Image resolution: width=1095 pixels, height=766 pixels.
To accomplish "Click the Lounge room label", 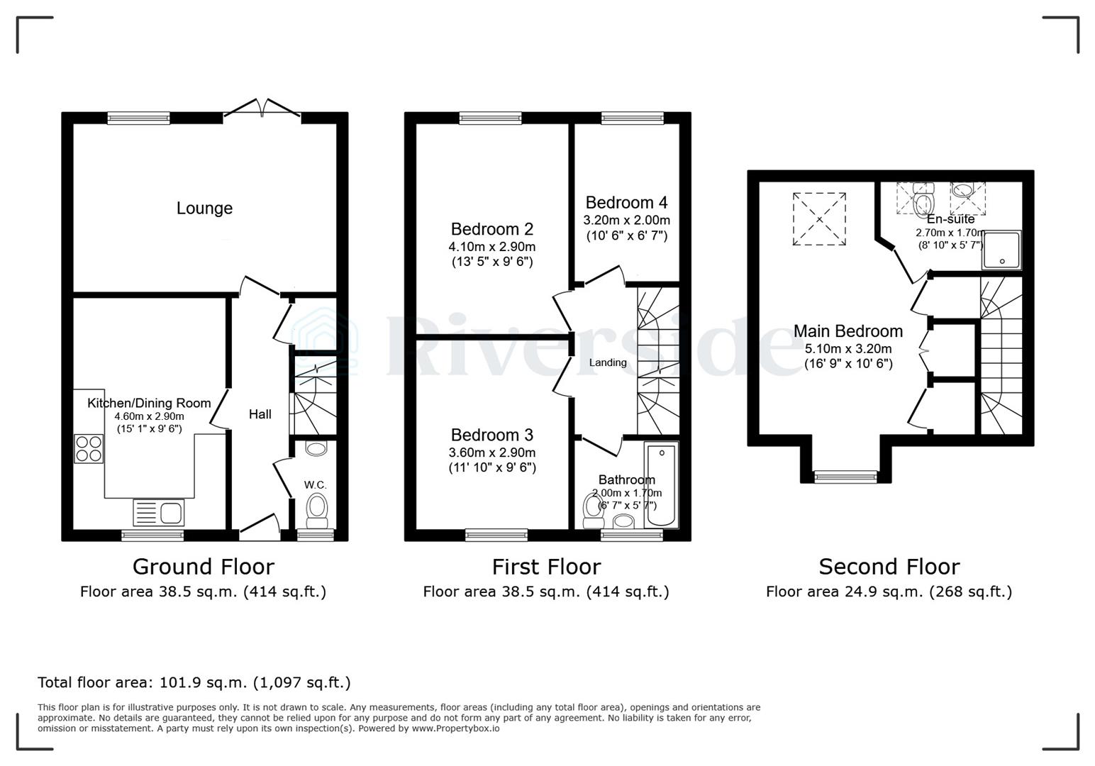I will pos(204,209).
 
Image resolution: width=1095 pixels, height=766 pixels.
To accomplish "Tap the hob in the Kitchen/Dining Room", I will pos(89,448).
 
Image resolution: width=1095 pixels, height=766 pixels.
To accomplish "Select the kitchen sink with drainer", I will pos(159,513).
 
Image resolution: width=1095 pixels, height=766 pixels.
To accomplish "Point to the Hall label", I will pos(260,414).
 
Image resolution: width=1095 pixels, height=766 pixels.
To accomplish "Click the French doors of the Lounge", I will pos(262,109).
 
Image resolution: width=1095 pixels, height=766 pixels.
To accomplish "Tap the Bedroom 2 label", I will pos(491,229).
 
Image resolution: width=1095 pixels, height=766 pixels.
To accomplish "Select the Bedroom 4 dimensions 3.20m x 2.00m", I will pos(626,220).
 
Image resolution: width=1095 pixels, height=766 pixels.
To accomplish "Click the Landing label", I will pos(608,362).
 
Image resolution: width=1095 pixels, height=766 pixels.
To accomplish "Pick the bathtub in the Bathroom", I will pos(661,485).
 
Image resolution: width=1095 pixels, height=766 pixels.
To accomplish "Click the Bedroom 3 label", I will pos(491,435).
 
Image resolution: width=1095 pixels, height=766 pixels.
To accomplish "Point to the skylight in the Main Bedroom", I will pos(819,219).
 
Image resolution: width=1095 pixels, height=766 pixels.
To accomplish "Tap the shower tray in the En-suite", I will pos(1001,250).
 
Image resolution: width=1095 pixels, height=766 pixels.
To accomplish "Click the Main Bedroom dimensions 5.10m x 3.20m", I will pos(848,349).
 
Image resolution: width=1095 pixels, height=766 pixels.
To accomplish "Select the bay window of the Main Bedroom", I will pos(845,477).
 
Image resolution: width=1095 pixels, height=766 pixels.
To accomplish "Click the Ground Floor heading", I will pos(203,567).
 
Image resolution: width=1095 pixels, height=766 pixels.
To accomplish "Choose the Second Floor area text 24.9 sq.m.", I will pos(889,592).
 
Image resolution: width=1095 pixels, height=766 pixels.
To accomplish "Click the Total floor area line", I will pos(194,682).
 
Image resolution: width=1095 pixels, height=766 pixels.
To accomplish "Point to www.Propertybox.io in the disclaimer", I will pos(455,728).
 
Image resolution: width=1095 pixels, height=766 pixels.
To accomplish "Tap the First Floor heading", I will pos(546,567).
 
